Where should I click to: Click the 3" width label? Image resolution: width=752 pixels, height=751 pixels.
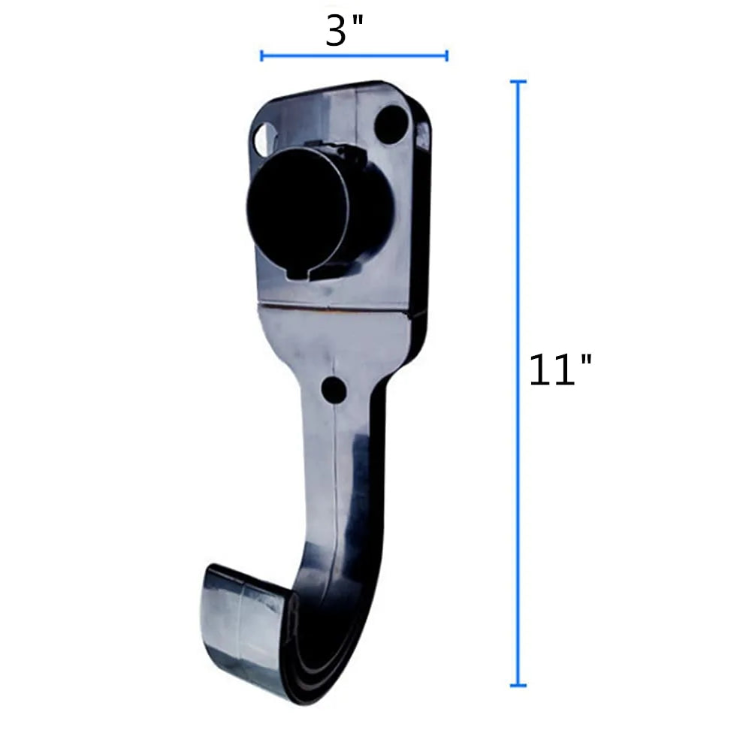click(x=344, y=32)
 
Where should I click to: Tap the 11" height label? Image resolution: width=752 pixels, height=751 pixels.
click(x=560, y=370)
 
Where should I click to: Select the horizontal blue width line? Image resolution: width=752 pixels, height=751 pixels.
click(x=354, y=56)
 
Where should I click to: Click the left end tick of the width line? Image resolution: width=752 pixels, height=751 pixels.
click(x=261, y=56)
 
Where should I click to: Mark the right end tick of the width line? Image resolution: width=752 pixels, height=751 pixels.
click(x=447, y=56)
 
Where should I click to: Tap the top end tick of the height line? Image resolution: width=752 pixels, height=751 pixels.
click(x=517, y=81)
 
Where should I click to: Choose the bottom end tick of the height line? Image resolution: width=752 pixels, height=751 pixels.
click(x=517, y=685)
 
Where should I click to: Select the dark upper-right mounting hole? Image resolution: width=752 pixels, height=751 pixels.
click(x=391, y=123)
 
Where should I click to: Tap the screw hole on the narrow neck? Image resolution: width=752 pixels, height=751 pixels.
click(x=334, y=390)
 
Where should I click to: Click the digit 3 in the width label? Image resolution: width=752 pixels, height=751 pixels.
click(x=336, y=32)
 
